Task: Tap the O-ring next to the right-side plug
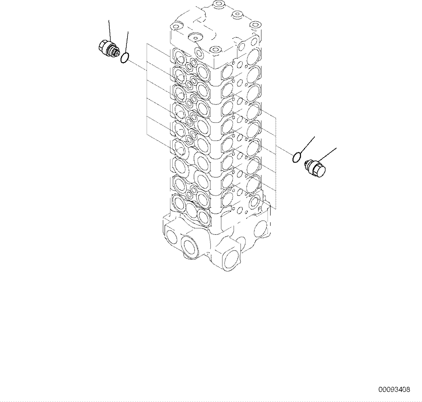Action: [297, 157]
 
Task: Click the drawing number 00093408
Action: [394, 389]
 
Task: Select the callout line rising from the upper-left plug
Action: [109, 30]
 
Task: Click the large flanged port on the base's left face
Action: [189, 247]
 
